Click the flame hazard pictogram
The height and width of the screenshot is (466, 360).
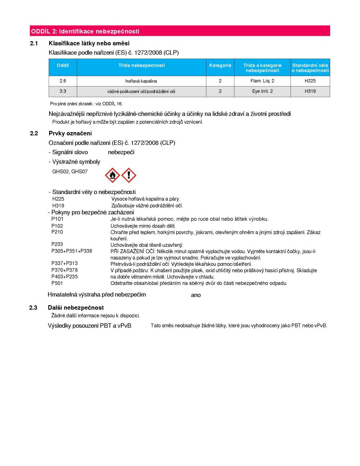pyautogui.click(x=112, y=175)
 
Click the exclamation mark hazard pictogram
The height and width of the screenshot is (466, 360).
pyautogui.click(x=128, y=175)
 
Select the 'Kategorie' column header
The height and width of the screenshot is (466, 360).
pyautogui.click(x=220, y=66)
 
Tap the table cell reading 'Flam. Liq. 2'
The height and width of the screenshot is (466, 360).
pyautogui.click(x=262, y=81)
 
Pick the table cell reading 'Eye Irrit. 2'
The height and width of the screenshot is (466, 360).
pyautogui.click(x=262, y=91)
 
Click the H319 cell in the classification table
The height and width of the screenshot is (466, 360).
pyautogui.click(x=310, y=91)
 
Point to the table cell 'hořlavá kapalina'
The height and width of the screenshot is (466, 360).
pyautogui.click(x=141, y=81)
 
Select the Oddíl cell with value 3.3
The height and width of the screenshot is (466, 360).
pyautogui.click(x=63, y=91)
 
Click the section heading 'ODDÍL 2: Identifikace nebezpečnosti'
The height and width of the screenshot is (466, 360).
pyautogui.click(x=85, y=31)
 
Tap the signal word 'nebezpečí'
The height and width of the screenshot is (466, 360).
pyautogui.click(x=121, y=152)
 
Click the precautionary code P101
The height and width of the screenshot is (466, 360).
pyautogui.click(x=58, y=219)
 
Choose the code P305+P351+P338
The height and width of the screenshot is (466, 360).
pyautogui.click(x=72, y=251)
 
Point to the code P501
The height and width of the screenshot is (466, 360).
pyautogui.click(x=58, y=283)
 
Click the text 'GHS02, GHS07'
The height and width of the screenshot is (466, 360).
pyautogui.click(x=70, y=171)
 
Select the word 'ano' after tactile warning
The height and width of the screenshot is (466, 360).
pyautogui.click(x=196, y=295)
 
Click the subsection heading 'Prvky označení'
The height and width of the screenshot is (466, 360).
pyautogui.click(x=70, y=133)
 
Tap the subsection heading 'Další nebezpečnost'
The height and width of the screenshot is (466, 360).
pyautogui.click(x=76, y=308)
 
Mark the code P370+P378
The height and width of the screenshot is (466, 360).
pyautogui.click(x=64, y=270)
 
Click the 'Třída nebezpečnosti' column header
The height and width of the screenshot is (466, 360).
pyautogui.click(x=142, y=66)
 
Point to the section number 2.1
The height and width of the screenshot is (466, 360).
pyautogui.click(x=34, y=43)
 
